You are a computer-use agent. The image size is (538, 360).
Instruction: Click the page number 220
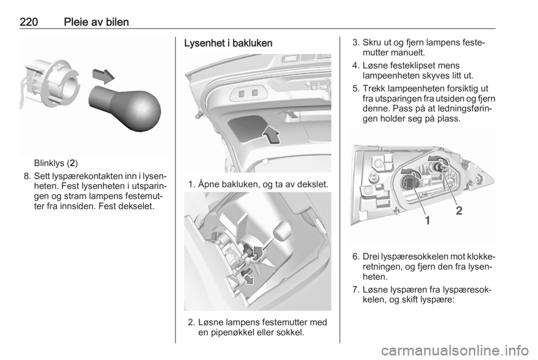click(x=29, y=22)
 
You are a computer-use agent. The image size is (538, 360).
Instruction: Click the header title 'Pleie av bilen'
click(x=96, y=22)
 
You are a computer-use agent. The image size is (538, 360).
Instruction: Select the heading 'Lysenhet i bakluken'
click(x=228, y=43)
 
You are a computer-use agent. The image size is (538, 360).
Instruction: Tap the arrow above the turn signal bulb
click(x=103, y=76)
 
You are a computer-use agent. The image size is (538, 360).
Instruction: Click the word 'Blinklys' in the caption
click(x=49, y=163)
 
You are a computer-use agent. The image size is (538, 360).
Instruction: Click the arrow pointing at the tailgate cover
click(x=271, y=135)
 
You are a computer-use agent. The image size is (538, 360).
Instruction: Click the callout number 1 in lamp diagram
click(x=427, y=220)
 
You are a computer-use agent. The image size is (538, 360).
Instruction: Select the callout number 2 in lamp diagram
click(x=459, y=210)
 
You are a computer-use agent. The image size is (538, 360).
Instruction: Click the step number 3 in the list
click(x=355, y=43)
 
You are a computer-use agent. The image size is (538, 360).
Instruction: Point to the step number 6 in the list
click(x=355, y=257)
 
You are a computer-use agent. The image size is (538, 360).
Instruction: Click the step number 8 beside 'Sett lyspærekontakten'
click(x=27, y=177)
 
